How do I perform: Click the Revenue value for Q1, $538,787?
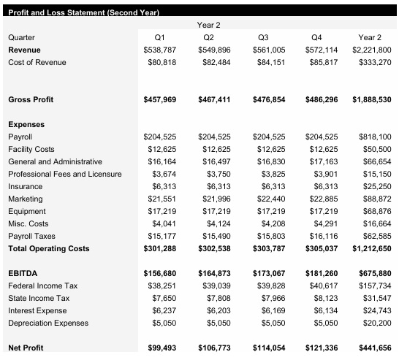(160, 50)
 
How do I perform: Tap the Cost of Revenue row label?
(37, 62)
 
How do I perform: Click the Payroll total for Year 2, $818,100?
(376, 137)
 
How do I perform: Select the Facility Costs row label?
(31, 149)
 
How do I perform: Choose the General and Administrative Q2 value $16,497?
(215, 161)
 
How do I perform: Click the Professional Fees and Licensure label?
(65, 174)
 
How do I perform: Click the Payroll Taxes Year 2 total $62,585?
(377, 236)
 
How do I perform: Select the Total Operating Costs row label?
(48, 248)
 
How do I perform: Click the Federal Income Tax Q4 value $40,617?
(322, 286)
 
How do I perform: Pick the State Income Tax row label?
(39, 298)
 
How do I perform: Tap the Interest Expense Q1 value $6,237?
(162, 310)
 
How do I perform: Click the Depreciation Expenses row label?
(47, 323)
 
